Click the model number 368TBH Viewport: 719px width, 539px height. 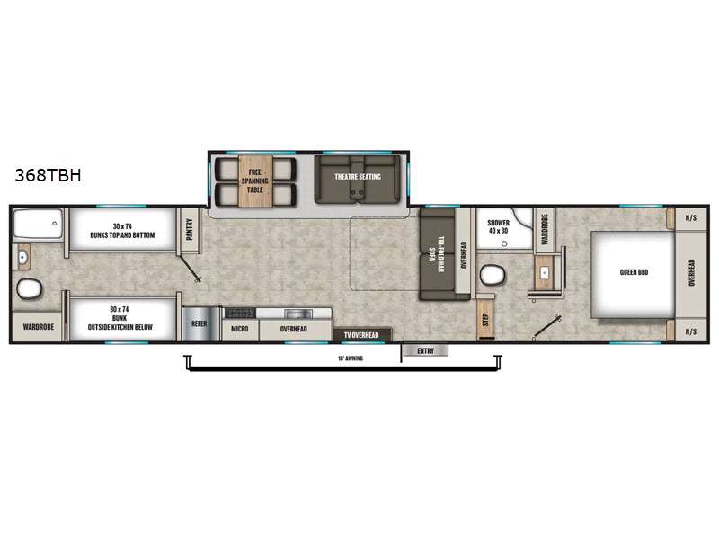pos(48,176)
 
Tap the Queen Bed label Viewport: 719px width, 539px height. pos(634,273)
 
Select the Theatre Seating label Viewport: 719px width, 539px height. pos(358,177)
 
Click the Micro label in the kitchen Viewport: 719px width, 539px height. pos(239,330)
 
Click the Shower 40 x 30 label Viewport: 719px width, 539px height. pos(498,226)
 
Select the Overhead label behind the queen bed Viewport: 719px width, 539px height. pos(691,273)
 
